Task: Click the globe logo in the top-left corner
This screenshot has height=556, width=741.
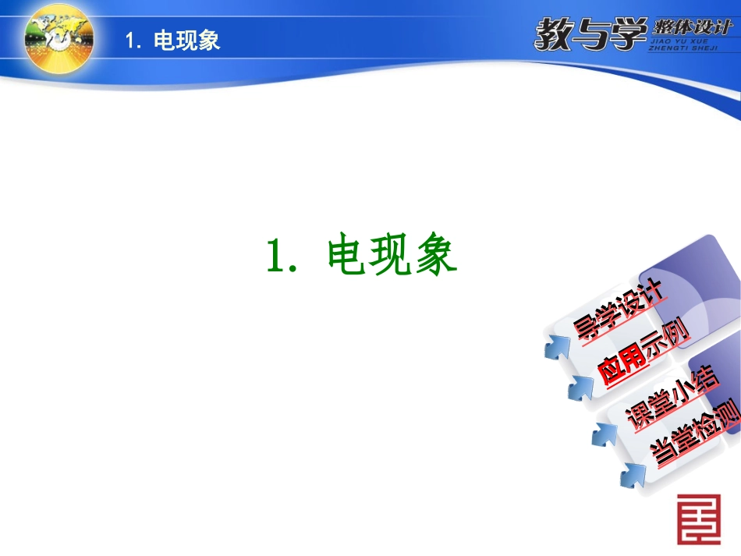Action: click(58, 38)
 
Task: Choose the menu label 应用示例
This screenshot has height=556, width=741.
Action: click(643, 353)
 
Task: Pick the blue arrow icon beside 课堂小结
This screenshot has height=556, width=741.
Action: click(605, 434)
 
